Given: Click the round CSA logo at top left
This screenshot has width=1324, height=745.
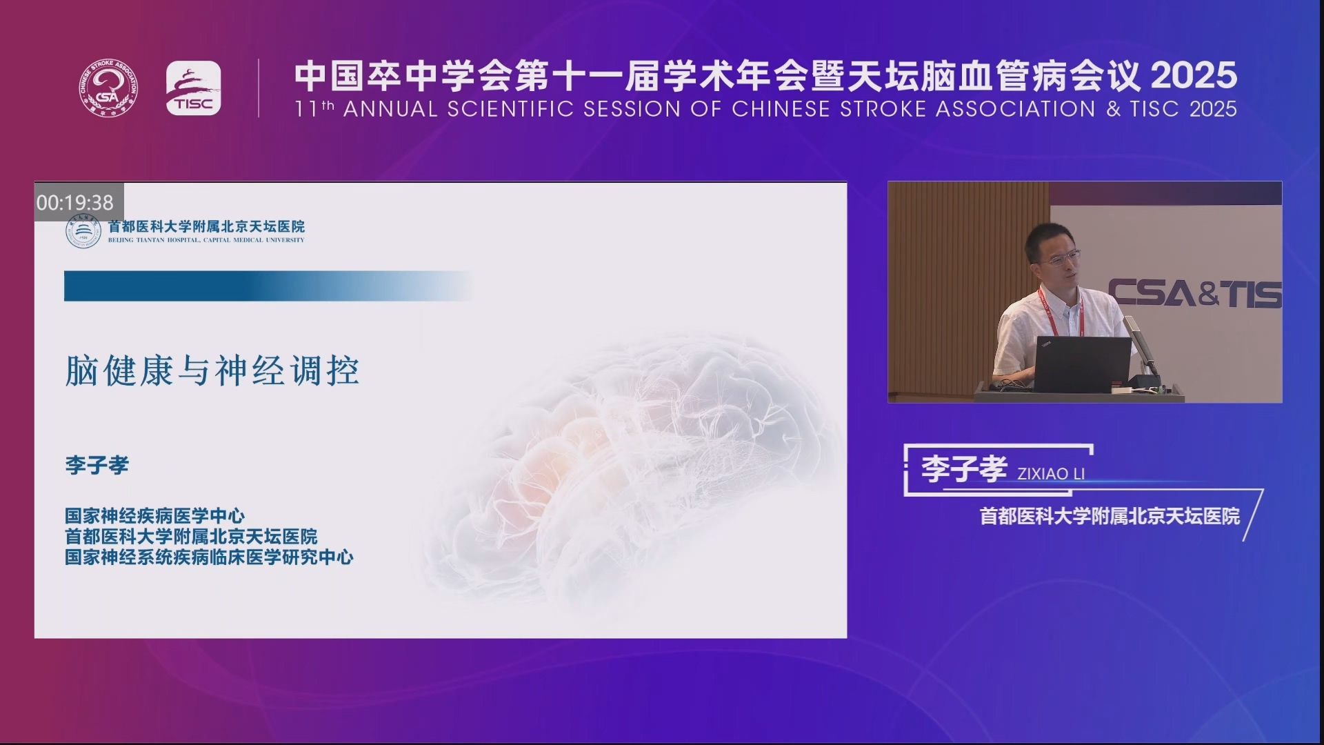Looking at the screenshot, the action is click(x=107, y=88).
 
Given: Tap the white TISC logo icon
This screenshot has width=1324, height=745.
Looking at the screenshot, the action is click(x=193, y=88).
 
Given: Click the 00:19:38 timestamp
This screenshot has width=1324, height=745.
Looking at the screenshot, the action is click(x=75, y=202).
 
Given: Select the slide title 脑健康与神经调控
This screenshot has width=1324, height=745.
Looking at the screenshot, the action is click(x=212, y=371).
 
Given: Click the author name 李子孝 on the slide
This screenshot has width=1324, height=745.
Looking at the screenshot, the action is click(x=97, y=465).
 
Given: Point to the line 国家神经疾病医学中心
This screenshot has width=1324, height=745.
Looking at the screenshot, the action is click(x=155, y=515).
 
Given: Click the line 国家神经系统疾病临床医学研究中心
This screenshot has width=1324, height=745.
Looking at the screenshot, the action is click(x=209, y=557).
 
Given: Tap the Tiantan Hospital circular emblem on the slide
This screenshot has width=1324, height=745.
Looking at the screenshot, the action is click(x=83, y=232).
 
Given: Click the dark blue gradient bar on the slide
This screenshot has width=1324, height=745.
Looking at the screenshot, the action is click(x=269, y=286).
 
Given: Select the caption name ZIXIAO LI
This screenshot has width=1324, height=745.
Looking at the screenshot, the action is click(x=1051, y=474).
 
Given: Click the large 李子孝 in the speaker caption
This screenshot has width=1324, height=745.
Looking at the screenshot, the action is click(x=964, y=470).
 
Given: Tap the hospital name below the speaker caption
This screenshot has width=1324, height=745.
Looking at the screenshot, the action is click(x=1110, y=516).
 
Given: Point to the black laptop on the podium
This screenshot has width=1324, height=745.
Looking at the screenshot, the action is click(x=1083, y=364).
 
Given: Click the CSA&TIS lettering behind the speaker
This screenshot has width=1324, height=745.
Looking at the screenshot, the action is click(x=1195, y=293).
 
